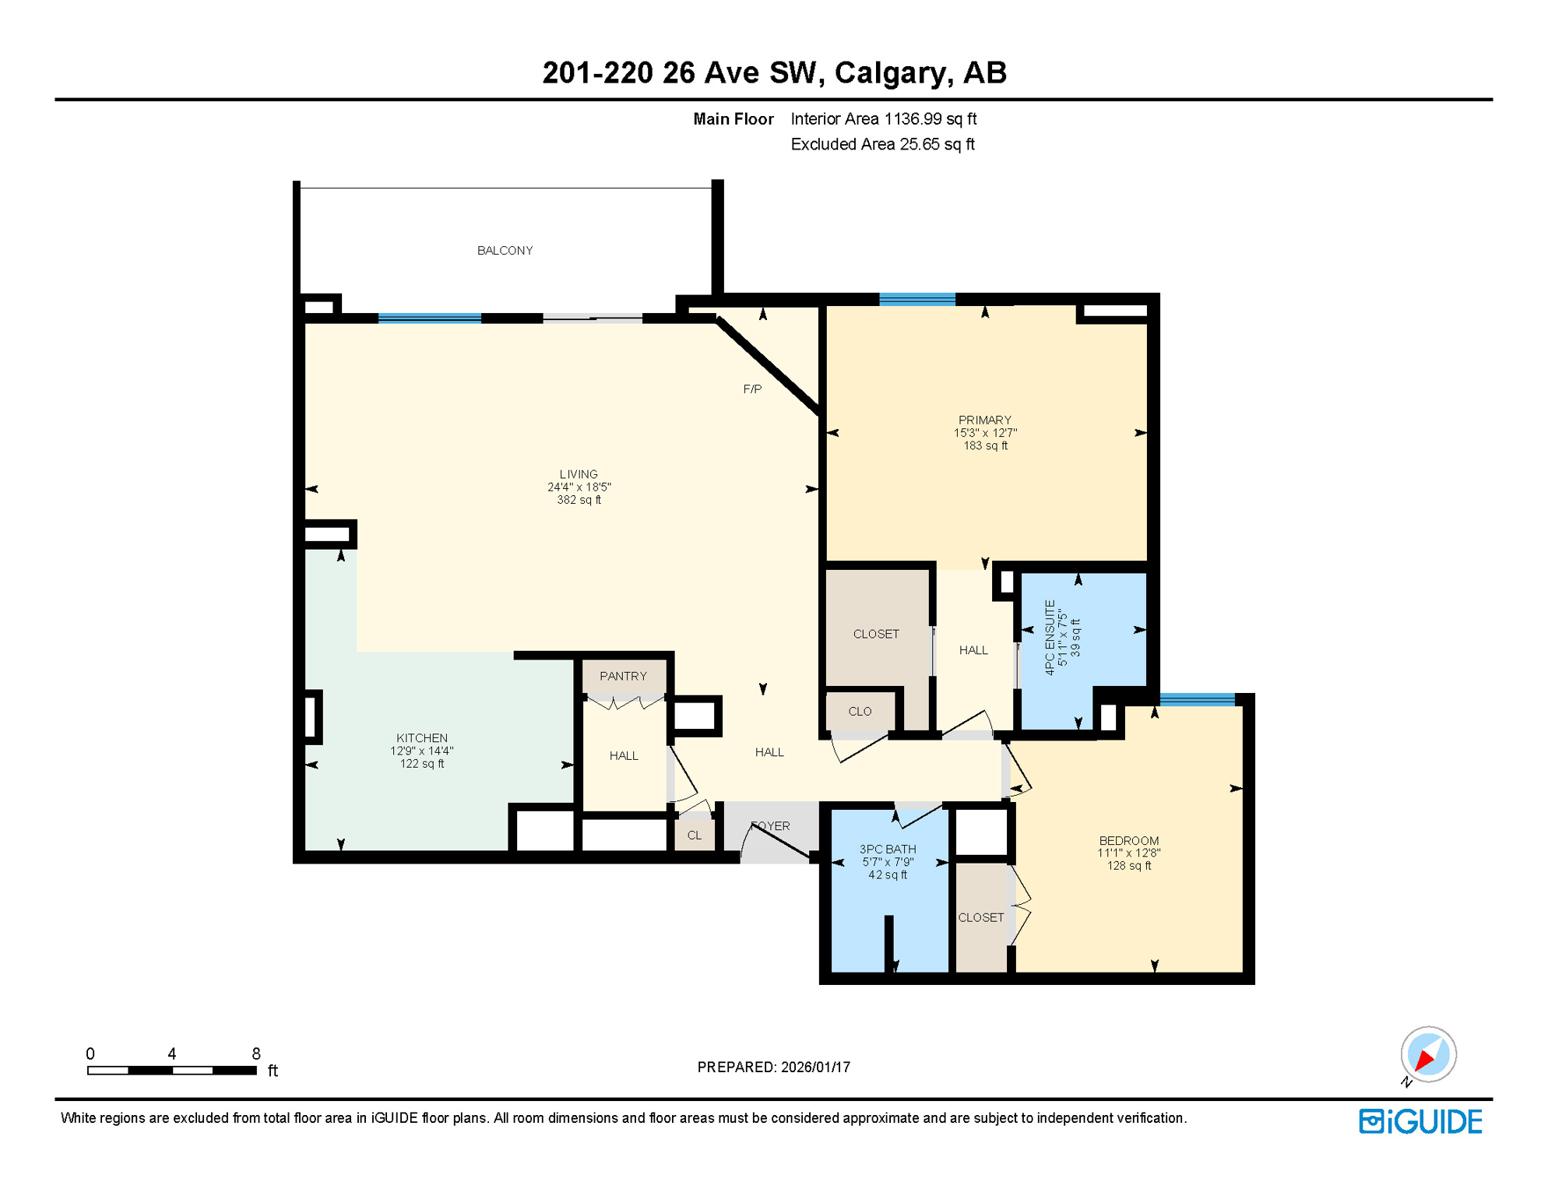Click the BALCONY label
point(505,251)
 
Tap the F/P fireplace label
point(752,389)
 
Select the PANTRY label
point(623,676)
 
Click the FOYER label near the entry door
point(771,826)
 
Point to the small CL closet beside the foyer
point(695,835)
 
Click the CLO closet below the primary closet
point(860,712)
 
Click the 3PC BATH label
point(888,850)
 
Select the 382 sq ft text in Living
point(579,500)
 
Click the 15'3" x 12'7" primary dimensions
point(985,433)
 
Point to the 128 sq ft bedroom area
point(1129,866)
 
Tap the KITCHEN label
point(422,738)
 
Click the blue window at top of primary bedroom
point(917,300)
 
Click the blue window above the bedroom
point(1197,699)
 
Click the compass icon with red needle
point(1428,1055)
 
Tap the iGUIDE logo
point(1420,1122)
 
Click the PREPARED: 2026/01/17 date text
point(773,1068)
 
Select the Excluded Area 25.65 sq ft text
point(882,145)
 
